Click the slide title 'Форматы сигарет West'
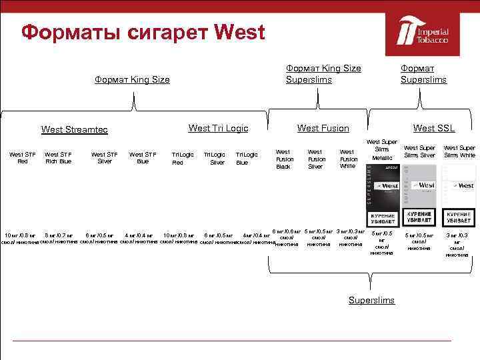(143, 32)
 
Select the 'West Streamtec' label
(74, 129)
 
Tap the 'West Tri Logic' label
(218, 128)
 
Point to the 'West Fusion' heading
(323, 128)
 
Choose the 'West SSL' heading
(433, 128)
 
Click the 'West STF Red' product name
(22, 157)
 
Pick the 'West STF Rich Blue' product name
(57, 157)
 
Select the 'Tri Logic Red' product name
(182, 158)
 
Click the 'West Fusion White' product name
(347, 159)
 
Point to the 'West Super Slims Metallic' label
(382, 149)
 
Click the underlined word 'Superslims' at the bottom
(371, 301)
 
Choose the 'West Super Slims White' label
(459, 151)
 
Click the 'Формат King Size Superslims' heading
(323, 73)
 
